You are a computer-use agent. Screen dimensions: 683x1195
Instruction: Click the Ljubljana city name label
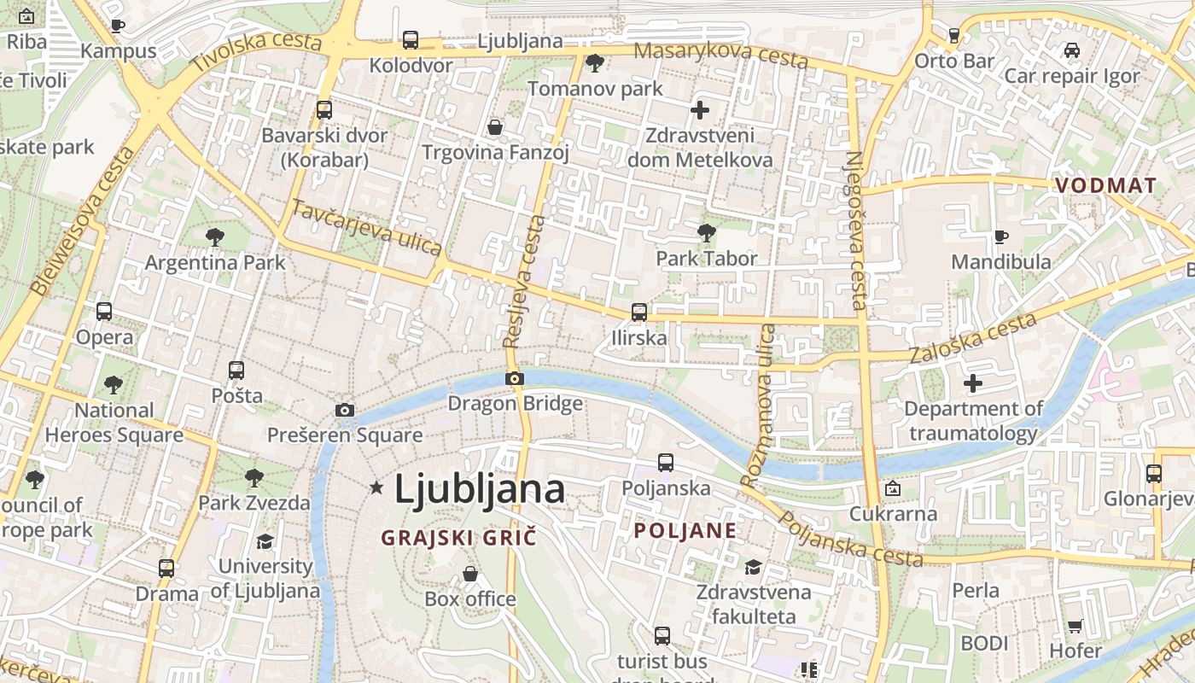479,489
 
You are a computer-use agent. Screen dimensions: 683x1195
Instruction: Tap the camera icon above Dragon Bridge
514,378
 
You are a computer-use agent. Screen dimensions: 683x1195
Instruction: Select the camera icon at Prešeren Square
345,410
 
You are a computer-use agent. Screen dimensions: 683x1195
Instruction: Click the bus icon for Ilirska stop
638,312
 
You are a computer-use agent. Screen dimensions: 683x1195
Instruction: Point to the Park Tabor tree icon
706,232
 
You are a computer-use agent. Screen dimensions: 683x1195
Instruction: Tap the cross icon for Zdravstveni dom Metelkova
700,109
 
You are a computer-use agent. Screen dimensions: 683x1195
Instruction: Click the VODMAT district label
1105,185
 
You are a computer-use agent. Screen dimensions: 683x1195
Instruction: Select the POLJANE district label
685,530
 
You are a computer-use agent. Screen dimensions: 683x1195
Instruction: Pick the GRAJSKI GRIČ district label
458,538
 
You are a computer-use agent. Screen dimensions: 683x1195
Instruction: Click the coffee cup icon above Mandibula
1001,236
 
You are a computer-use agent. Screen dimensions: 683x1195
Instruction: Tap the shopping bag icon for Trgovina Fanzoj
495,127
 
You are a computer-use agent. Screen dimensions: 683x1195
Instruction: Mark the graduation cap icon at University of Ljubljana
265,541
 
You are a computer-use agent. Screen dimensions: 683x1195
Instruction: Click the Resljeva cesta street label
523,282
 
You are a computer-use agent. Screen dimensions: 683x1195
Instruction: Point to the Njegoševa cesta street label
856,231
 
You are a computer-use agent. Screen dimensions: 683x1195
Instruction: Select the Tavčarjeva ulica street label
367,227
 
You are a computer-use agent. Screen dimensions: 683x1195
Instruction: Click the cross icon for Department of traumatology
973,383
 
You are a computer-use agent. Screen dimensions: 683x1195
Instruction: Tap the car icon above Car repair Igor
1071,50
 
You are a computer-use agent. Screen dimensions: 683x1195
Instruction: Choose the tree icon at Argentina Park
215,236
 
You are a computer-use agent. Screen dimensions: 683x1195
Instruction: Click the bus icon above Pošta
236,371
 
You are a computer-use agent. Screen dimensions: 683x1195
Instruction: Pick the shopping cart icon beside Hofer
1075,626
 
